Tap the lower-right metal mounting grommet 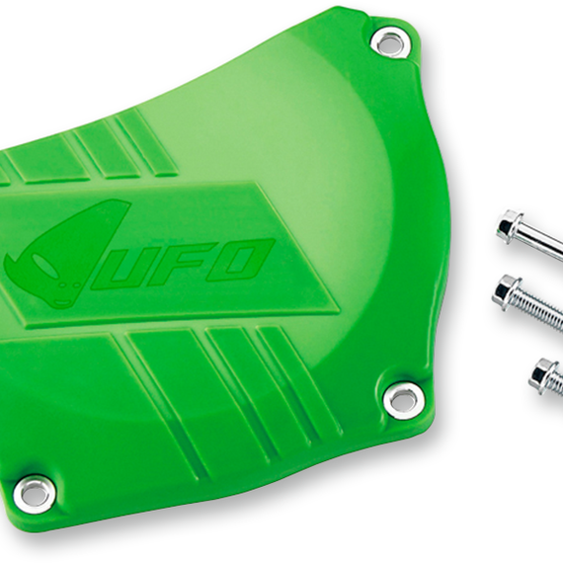coord(403,400)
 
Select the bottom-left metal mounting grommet coord(35,495)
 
